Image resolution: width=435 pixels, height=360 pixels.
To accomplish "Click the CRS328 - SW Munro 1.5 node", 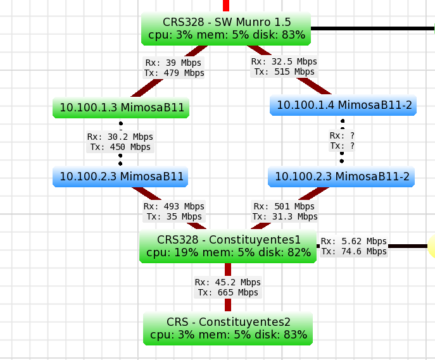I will [x=226, y=28].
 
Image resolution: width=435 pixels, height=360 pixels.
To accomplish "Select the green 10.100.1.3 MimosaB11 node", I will [x=122, y=108].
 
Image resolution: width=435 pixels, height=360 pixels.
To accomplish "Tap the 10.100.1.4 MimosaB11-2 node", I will [x=344, y=105].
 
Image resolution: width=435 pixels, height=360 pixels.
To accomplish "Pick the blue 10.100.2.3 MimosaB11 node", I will [x=121, y=177].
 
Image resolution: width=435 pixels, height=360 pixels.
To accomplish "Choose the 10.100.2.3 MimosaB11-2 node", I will [x=342, y=177].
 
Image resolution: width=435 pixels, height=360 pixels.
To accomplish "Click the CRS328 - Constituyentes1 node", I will [x=228, y=246].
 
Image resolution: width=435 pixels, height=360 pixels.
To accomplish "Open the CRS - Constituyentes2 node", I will [x=228, y=328].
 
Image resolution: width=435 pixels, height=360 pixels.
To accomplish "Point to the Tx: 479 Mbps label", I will [x=175, y=73].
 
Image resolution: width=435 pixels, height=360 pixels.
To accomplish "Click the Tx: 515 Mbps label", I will [x=284, y=71].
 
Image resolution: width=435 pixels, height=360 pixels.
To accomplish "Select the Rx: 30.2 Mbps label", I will [x=120, y=137].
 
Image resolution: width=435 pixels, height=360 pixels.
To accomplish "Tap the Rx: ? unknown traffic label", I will [x=342, y=135].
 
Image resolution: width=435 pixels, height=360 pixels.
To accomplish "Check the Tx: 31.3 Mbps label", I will [x=285, y=216].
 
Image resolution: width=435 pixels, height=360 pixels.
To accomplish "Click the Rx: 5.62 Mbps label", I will [x=353, y=241].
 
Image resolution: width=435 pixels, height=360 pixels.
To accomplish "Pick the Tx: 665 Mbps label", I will [x=228, y=292].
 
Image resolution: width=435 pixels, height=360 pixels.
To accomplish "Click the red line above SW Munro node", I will [x=226, y=5].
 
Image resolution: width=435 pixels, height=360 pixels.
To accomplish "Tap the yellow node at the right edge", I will [x=432, y=246].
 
